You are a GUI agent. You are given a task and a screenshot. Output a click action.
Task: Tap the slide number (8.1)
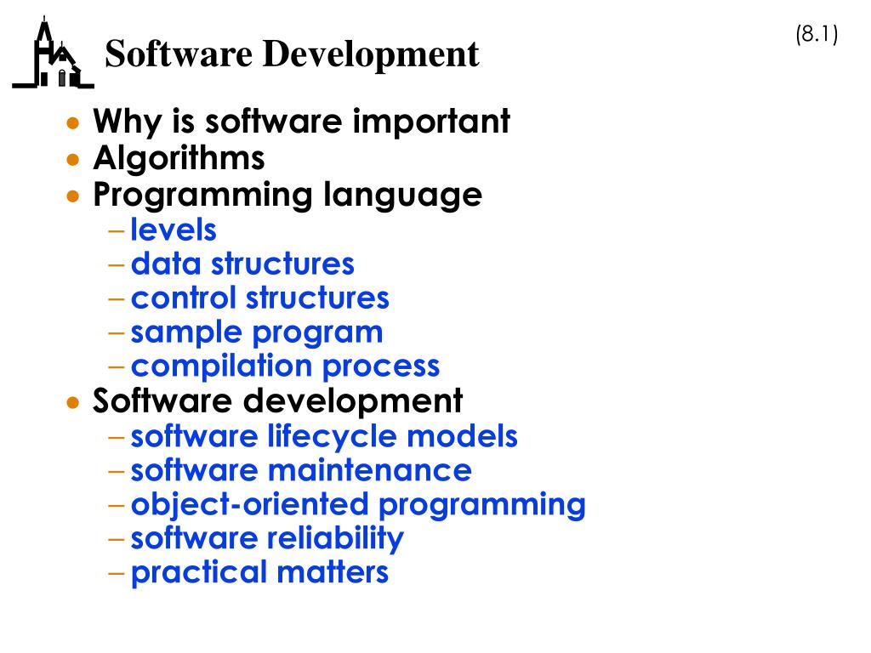point(817,35)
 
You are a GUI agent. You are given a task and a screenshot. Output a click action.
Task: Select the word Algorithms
point(179,158)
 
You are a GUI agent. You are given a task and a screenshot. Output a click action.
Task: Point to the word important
point(431,122)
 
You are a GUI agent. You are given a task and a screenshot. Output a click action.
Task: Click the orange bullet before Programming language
point(75,196)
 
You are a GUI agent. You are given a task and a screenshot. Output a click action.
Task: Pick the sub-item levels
point(174,230)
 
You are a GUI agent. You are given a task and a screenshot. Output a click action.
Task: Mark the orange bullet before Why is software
point(75,123)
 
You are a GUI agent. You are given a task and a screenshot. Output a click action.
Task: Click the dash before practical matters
point(117,573)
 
